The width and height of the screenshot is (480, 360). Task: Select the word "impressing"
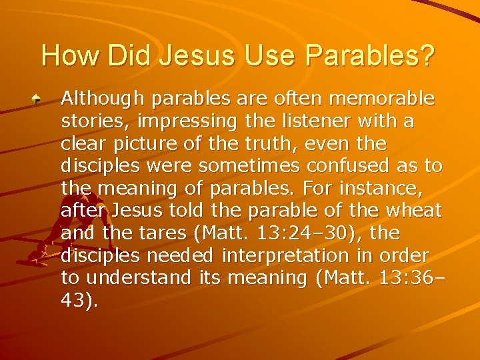pos(193,121)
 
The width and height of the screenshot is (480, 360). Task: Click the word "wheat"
pos(414,211)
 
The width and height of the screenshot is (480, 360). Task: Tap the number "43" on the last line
pos(74,301)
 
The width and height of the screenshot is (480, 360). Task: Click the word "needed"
pos(181,255)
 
